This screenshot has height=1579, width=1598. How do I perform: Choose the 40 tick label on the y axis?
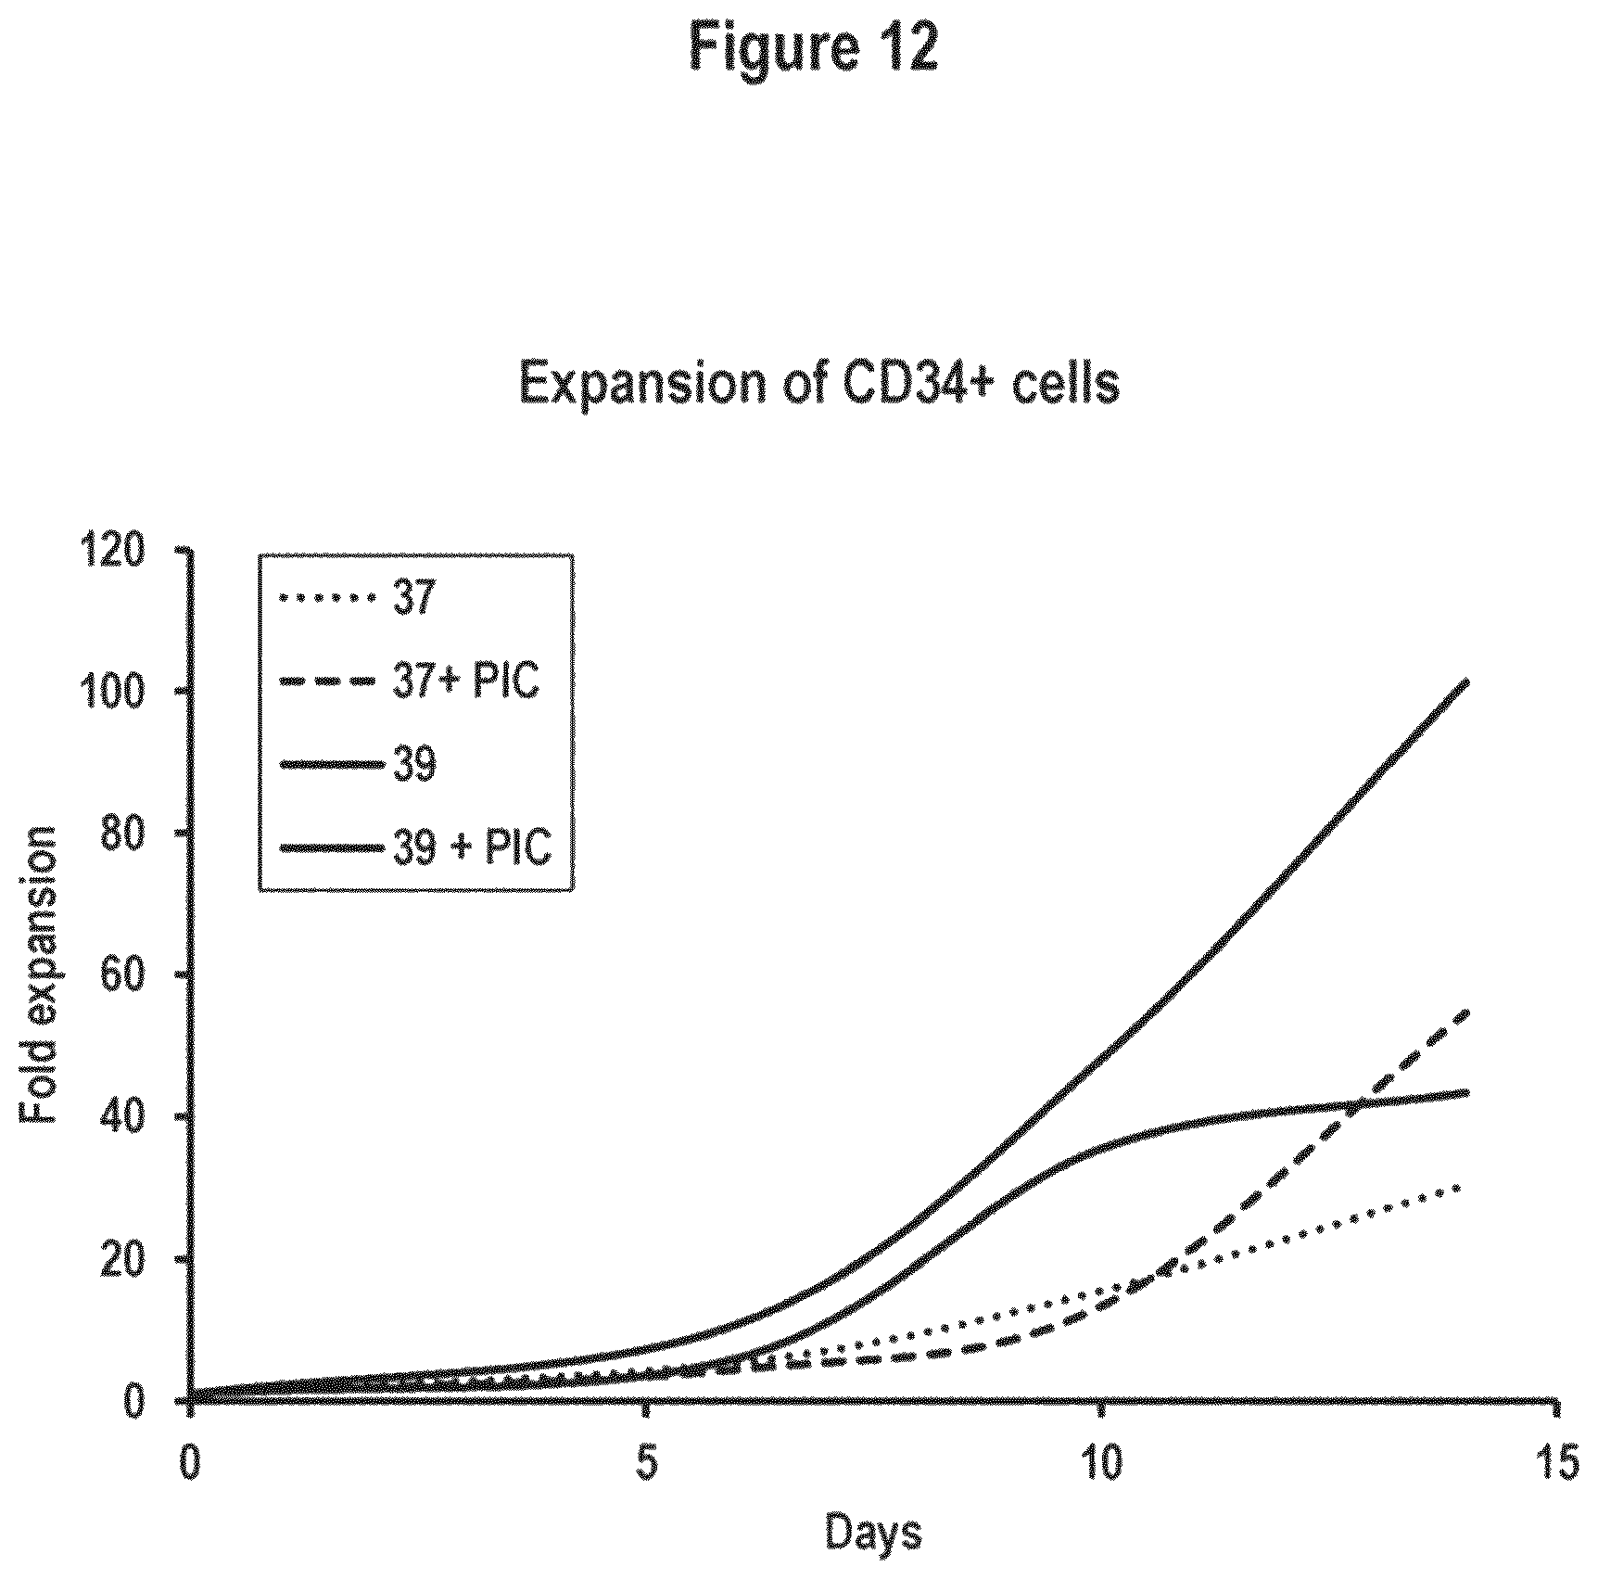coord(131,1118)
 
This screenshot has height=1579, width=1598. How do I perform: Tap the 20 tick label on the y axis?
coord(131,1260)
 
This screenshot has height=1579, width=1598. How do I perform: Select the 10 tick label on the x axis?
coord(1100,1463)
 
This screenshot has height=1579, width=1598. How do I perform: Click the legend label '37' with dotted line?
coord(412,599)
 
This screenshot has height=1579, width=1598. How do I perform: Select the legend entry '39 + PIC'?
coord(472,847)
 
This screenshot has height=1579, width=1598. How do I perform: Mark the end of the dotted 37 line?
coord(1462,1188)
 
